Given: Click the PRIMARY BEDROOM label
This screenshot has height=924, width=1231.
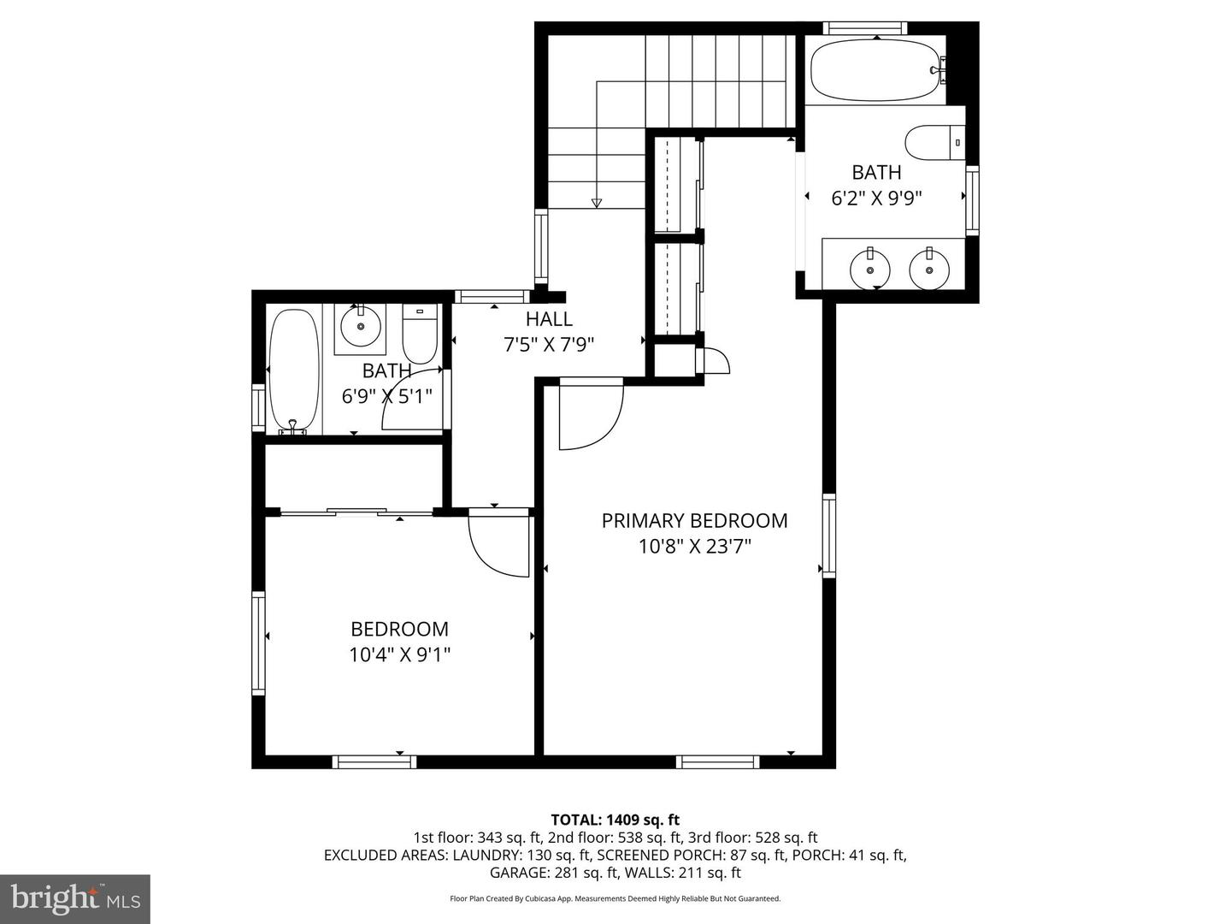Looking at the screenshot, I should [694, 520].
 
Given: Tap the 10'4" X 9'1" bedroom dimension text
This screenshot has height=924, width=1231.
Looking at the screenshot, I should [399, 655].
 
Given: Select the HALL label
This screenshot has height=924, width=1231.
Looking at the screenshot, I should [549, 320].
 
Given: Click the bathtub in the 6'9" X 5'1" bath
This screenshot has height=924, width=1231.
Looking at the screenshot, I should [294, 370].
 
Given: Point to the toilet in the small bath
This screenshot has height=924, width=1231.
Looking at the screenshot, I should [420, 336].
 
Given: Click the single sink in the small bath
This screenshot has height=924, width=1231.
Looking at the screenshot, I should [360, 326].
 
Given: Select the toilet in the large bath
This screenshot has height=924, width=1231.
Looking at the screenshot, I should [934, 143].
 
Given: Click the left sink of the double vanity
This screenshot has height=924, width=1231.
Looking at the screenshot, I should [869, 269].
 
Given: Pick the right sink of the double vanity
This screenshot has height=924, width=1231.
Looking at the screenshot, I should [928, 269].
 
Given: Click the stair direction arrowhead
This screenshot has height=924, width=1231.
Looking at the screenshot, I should [597, 203].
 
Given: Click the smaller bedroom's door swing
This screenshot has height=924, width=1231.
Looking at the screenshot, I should [499, 544].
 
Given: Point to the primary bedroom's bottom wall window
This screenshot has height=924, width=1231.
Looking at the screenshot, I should [717, 761].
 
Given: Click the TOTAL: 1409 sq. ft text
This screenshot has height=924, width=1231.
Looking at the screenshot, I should [615, 820].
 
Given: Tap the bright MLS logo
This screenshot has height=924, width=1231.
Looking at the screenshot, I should [74, 898].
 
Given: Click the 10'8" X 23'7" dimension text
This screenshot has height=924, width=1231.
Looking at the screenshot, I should [694, 547].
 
